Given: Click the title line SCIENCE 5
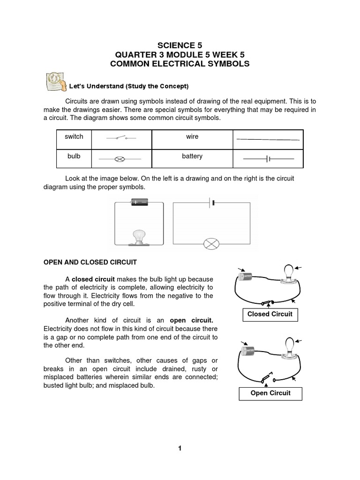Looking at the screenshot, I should coord(180,45).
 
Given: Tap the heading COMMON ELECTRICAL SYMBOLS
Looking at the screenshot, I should coord(180,64).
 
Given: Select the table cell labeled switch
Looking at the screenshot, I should coord(74,137).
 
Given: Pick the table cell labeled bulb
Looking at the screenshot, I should coord(74,157).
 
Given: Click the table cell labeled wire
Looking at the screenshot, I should coord(192,137).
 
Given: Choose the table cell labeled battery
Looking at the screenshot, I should coord(192,157).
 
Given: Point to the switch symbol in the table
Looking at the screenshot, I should coord(121,138).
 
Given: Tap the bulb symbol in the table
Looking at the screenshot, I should coord(120,159).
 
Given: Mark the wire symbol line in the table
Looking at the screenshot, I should coord(268,139).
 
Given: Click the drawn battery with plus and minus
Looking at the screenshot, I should coord(139,202).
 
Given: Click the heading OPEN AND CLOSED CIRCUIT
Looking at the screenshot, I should coord(90,262).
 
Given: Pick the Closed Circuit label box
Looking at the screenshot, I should coord(270,314).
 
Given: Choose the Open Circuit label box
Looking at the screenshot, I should coord(270,393).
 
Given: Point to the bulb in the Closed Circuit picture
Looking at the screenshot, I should coord(289,273).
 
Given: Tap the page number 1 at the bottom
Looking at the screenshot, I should coord(180,449).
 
